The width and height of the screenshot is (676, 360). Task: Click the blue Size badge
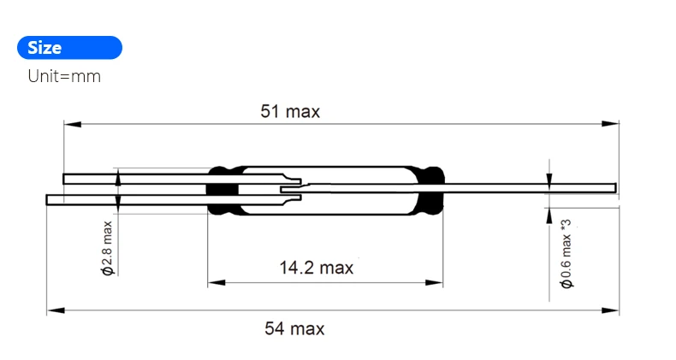point(69,48)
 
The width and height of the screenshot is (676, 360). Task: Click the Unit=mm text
point(64,76)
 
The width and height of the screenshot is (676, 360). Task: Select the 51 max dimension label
point(290,112)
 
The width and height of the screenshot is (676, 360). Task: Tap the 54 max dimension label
point(294,328)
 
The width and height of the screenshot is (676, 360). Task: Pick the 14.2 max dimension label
point(316,268)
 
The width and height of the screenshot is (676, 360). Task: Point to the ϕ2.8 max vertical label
point(107,248)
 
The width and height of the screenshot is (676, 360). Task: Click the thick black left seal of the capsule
point(222,190)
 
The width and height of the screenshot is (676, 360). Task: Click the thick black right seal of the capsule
point(430,190)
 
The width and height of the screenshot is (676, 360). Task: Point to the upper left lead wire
point(137,179)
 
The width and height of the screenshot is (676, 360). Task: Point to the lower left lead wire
point(128,199)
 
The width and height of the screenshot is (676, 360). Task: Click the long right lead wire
point(531,187)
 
